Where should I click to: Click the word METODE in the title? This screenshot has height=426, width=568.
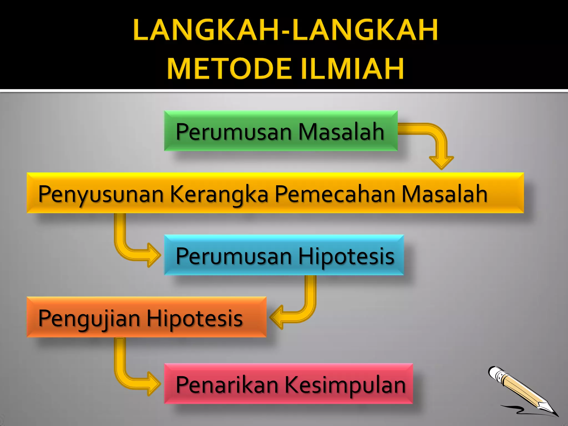coord(229,69)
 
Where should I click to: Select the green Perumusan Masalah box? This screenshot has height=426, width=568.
coord(281,131)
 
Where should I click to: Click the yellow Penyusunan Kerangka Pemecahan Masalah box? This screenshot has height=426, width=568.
coord(275,193)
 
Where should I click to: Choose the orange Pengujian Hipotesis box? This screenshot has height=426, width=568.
coord(146,317)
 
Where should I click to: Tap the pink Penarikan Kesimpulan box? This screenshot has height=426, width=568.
coord(288,384)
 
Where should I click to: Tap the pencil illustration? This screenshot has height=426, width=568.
coord(521,391)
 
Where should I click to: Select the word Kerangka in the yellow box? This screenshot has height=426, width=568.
coord(219,194)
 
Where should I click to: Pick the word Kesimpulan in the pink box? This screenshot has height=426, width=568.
coord(345,385)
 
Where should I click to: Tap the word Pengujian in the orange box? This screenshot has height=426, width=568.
coord(89,318)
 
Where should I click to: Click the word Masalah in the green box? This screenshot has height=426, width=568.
coord(341,131)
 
